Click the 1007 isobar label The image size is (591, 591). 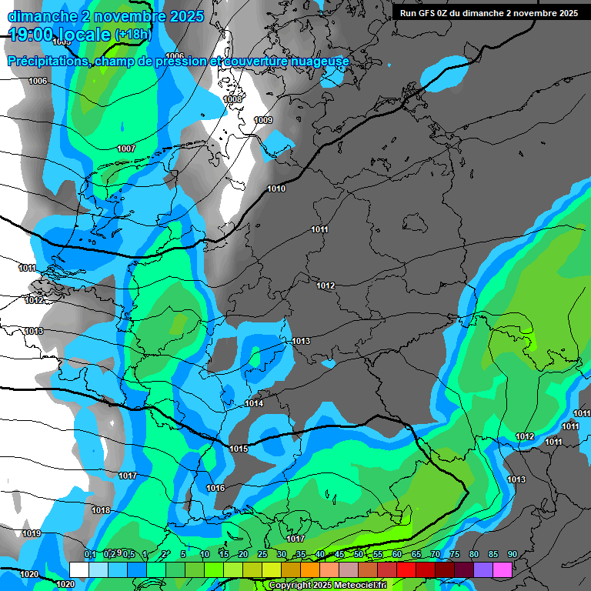[x=126, y=149]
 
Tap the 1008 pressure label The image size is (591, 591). [x=232, y=100]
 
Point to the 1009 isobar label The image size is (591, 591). [x=263, y=120]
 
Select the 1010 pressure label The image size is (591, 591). [x=276, y=189]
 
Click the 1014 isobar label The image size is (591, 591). [x=255, y=404]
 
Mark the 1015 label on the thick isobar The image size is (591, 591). [x=239, y=449]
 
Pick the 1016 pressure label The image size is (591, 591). [x=215, y=488]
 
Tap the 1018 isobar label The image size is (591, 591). [x=101, y=510]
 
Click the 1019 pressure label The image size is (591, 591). [x=32, y=533]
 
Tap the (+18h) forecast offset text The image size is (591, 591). [x=133, y=35]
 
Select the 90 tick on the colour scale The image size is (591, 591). [x=512, y=554]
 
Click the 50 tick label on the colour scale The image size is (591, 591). [x=358, y=554]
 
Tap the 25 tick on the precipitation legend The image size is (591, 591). [x=262, y=554]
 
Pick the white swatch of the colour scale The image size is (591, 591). [x=78, y=569]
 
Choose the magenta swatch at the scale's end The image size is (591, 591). [x=503, y=569]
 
